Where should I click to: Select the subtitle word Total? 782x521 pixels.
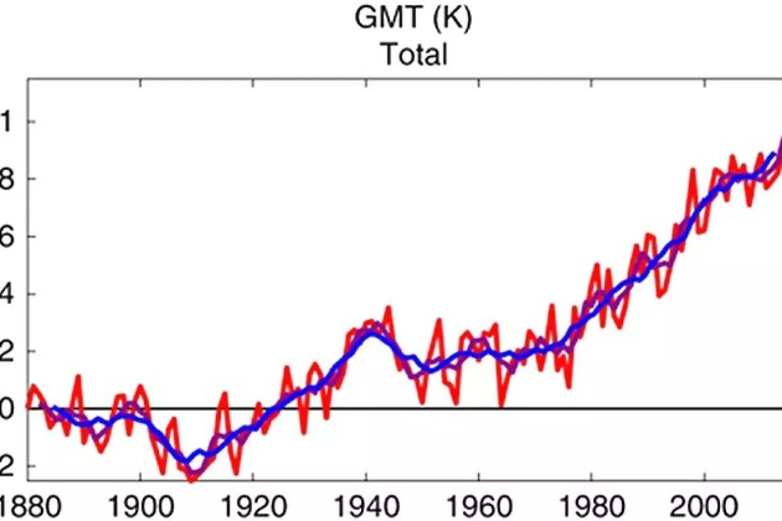(414, 55)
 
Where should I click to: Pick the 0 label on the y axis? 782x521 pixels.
(5, 409)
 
